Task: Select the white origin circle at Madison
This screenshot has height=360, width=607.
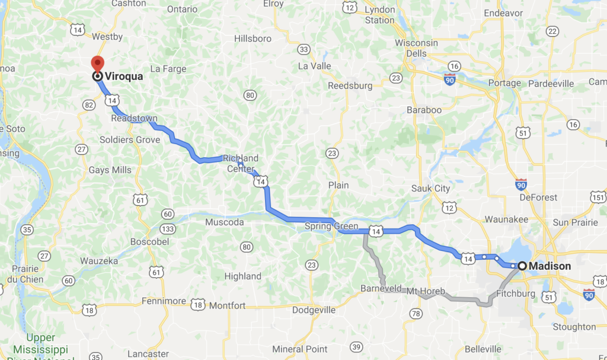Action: tap(522, 266)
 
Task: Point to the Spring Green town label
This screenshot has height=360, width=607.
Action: tap(331, 226)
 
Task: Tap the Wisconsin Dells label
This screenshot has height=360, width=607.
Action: tap(417, 48)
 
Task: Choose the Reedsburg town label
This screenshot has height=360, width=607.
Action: tap(350, 85)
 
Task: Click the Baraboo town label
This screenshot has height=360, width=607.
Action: tap(424, 110)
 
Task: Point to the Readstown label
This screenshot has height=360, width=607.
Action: tap(135, 119)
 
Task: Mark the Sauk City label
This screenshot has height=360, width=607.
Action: tap(431, 189)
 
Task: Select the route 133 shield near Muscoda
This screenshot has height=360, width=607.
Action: tap(169, 229)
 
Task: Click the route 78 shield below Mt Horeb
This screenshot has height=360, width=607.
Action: tap(416, 313)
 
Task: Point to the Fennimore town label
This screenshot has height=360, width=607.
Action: tap(164, 301)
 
